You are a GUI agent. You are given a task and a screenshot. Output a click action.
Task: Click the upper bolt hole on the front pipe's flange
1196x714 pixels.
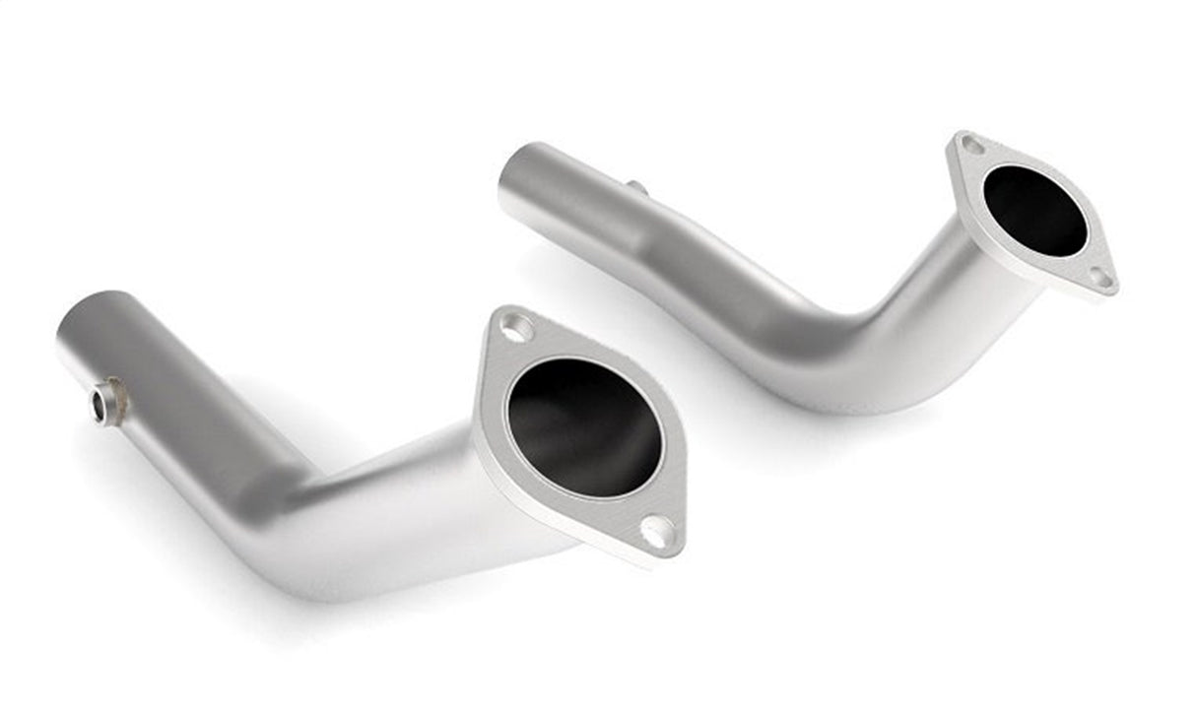click(x=516, y=326)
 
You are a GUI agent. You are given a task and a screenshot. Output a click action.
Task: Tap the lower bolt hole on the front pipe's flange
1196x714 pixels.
click(x=657, y=532)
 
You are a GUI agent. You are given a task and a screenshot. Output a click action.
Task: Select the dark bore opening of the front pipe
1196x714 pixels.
click(x=584, y=426)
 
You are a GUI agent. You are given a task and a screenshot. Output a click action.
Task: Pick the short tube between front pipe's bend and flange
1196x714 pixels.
click(x=414, y=492)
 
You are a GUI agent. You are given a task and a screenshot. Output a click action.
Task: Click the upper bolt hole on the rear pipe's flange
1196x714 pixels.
click(x=972, y=146)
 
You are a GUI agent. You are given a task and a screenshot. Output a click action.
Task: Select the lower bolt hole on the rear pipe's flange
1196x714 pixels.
click(x=1100, y=279)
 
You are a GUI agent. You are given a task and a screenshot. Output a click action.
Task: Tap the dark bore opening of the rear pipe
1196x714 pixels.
click(x=1034, y=210)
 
